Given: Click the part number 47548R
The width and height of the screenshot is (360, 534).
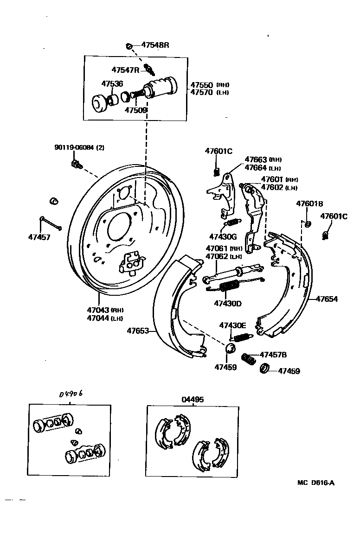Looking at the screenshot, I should [x=155, y=45].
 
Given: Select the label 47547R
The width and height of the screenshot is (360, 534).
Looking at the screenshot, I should [x=125, y=70].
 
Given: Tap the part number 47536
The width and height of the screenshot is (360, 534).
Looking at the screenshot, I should [x=112, y=84].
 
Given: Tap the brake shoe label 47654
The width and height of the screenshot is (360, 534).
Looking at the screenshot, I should [x=327, y=299].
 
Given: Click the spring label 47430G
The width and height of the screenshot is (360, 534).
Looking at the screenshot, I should [x=223, y=236].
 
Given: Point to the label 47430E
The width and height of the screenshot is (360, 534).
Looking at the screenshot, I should [x=233, y=325].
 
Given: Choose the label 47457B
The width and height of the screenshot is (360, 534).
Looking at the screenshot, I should [x=273, y=355].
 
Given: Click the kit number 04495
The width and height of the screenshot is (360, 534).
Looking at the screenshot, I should [x=193, y=399].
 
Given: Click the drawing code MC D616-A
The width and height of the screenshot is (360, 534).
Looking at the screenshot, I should [x=316, y=482].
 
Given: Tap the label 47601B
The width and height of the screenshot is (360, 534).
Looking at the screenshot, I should [x=310, y=204].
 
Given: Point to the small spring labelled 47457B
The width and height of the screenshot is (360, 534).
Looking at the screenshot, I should [x=250, y=359].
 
